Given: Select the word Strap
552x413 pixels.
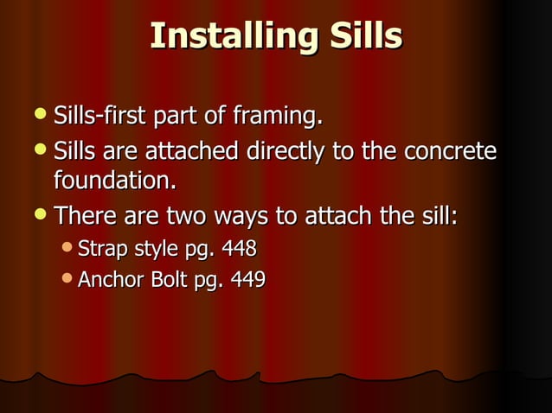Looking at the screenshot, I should coord(100,250).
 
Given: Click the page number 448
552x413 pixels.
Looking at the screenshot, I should coord(239,250).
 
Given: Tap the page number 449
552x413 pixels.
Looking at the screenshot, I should coord(247,280).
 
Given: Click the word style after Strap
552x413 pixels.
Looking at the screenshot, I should coord(154,250).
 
